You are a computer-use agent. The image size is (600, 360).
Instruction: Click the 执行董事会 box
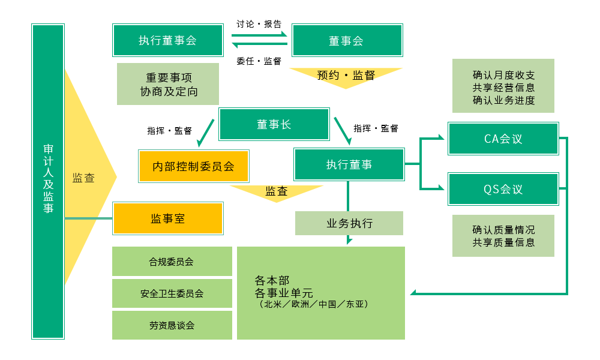tap(167, 40)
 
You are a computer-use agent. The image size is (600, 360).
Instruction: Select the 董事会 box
tap(347, 40)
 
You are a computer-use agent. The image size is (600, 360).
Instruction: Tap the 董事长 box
tap(274, 124)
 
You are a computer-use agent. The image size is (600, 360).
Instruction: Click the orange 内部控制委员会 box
tap(193, 166)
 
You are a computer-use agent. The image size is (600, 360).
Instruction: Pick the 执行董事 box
tap(349, 164)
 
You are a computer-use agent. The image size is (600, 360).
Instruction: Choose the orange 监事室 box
tap(168, 218)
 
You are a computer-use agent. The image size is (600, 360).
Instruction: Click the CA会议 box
tap(503, 139)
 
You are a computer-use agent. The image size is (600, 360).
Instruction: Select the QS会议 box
tap(503, 189)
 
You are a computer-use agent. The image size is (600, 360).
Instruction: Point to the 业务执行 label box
tap(349, 223)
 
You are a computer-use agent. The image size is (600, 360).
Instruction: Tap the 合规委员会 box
tap(172, 262)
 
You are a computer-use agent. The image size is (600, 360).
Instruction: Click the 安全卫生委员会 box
tap(172, 293)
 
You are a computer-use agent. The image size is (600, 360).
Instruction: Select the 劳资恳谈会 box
tap(172, 325)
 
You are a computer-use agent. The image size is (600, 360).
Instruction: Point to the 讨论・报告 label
tap(259, 24)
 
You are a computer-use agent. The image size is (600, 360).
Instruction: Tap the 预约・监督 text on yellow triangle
tap(346, 76)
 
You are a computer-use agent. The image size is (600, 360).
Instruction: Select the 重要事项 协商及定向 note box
tap(168, 85)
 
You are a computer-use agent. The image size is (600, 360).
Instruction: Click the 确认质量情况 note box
tap(503, 236)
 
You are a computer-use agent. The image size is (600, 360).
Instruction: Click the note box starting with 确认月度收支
tap(503, 86)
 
